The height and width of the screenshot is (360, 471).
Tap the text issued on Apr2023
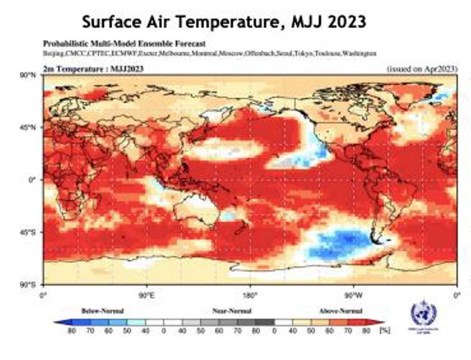pos(422,69)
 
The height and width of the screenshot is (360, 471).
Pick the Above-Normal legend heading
pos(340,311)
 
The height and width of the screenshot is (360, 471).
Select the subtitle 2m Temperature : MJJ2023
pos(93,69)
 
